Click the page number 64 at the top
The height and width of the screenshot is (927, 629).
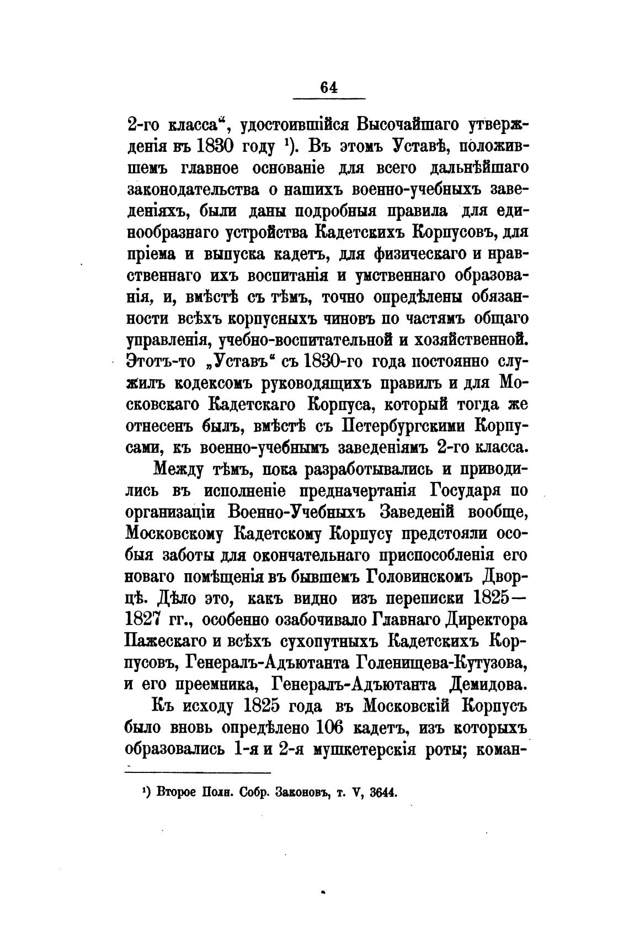tap(328, 88)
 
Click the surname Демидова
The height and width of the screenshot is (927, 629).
tap(480, 684)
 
